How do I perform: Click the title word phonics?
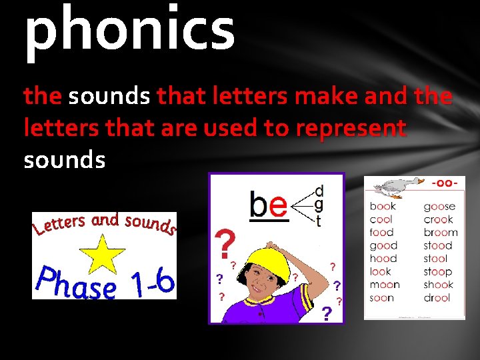(x=129, y=30)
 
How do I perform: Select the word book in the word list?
(x=383, y=207)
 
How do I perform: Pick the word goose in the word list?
(x=439, y=207)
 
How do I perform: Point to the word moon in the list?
(x=385, y=285)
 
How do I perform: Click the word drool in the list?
(x=438, y=298)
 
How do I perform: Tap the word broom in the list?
(x=441, y=233)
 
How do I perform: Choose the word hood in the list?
(x=383, y=259)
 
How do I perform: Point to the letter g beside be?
(x=319, y=205)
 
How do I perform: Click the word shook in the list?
(x=439, y=285)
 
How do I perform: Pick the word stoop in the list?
(x=438, y=272)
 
